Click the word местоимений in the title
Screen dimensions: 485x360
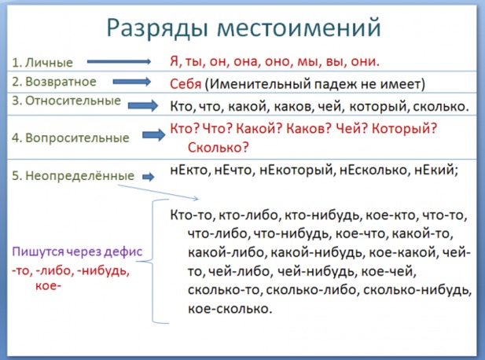pos(299,28)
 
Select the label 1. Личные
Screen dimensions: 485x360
pos(42,62)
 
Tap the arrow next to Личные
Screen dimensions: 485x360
pos(119,62)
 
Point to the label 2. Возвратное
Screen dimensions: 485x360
pos(54,82)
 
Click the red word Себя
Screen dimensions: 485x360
pos(186,84)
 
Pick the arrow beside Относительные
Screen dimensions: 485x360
pos(143,105)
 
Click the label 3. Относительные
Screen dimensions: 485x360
pos(66,101)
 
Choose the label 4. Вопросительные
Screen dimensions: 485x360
pos(71,138)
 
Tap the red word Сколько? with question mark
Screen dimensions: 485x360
pos(218,147)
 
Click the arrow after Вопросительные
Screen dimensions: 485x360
pos(154,135)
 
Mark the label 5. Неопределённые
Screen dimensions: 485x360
pos(73,175)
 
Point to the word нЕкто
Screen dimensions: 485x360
pos(189,170)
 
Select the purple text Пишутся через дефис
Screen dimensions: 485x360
pos(77,252)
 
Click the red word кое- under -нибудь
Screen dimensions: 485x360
pos(48,285)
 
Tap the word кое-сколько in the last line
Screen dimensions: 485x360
pos(230,309)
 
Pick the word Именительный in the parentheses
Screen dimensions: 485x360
pos(259,84)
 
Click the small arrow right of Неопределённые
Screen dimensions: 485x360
pos(148,177)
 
